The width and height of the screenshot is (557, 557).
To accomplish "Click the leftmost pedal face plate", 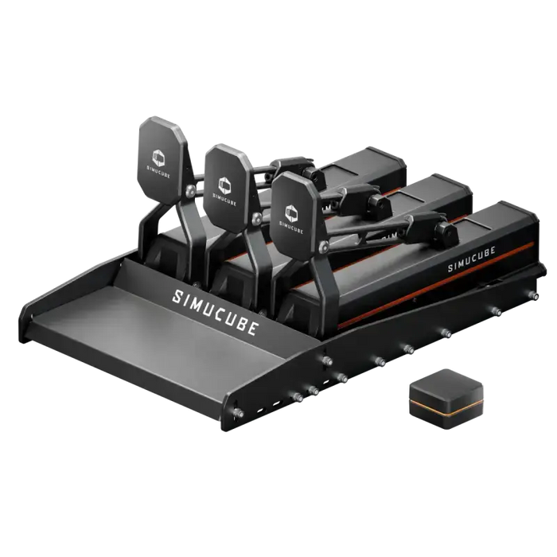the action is pos(162,160).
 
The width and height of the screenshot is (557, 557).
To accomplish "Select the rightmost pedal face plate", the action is pos(293,216).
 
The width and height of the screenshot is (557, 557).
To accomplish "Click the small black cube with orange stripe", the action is pos(446,399).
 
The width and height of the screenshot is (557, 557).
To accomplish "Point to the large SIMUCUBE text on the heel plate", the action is pos(215,312).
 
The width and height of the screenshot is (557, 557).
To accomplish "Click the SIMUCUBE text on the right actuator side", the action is pos(471,259).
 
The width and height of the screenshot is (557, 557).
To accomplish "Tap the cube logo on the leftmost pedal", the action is pos(158,158).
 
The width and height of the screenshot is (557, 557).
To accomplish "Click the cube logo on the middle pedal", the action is pos(224,185).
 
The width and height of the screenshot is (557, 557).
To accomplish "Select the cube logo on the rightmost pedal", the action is pos(291,213).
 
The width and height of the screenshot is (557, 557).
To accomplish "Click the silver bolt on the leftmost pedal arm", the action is pos(191,190).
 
